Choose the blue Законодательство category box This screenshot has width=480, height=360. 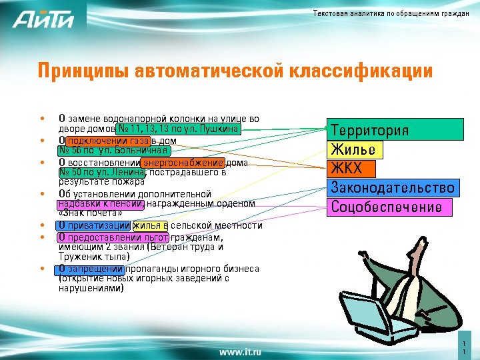click(393, 187)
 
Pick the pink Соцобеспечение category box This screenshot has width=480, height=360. click(387, 207)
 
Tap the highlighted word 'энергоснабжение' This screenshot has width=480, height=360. click(182, 162)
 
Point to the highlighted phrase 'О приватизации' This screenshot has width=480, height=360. click(94, 225)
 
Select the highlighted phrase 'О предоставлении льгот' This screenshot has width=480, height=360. click(113, 237)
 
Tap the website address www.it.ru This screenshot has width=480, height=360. click(240, 350)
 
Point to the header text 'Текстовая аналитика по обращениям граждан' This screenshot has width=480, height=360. click(391, 15)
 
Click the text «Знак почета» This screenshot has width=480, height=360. click(90, 213)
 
